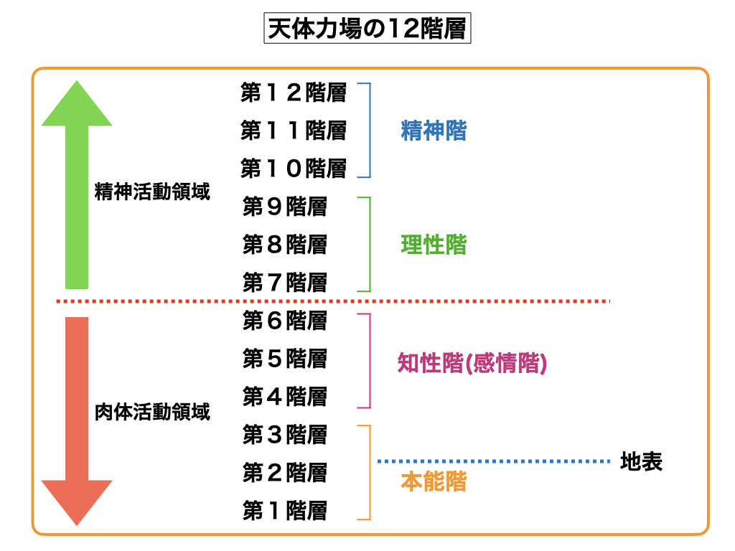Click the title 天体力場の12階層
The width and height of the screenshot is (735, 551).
tap(367, 29)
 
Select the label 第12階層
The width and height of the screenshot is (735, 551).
tap(294, 93)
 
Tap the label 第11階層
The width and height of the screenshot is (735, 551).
tap(294, 131)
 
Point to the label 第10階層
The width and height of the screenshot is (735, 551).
tap(294, 169)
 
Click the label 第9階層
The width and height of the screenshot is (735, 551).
tap(285, 207)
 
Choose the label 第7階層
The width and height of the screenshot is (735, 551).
tap(285, 283)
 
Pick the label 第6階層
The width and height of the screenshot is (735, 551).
tap(285, 321)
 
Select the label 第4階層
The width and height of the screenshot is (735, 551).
tap(285, 396)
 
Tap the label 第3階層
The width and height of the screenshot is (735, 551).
tap(285, 434)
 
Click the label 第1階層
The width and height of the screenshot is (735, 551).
tap(285, 511)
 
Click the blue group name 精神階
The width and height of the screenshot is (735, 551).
tap(434, 131)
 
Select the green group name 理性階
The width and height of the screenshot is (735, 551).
tap(434, 245)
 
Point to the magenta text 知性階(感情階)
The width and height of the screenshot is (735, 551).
tap(472, 364)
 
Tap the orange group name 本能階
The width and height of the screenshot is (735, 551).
tap(434, 481)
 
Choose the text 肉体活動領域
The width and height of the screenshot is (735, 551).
tap(152, 412)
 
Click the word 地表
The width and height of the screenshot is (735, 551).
tap(641, 461)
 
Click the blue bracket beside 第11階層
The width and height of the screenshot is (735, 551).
tap(370, 131)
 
